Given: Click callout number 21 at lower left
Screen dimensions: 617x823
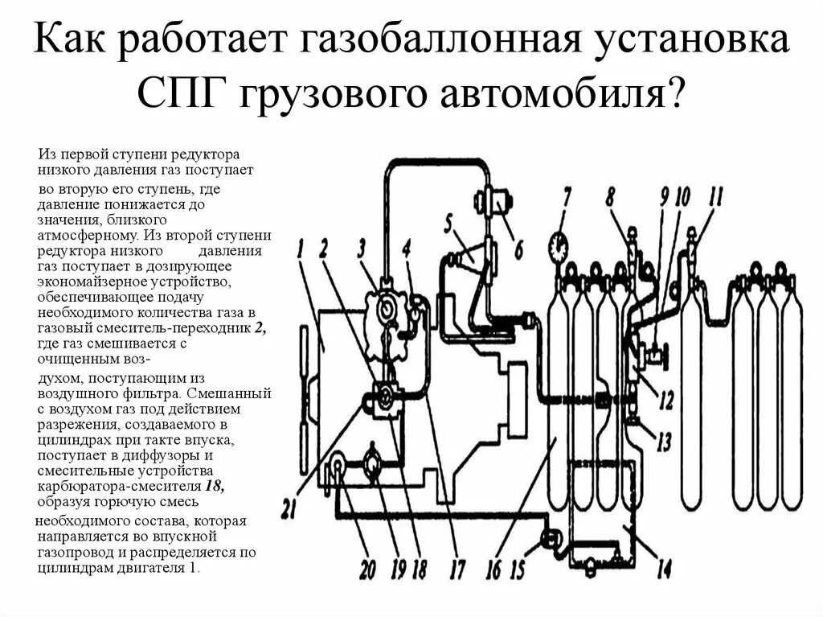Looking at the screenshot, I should point(291,508).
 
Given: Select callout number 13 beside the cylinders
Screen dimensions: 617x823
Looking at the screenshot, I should point(664,440).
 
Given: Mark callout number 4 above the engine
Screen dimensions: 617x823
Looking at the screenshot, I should point(407,249).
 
